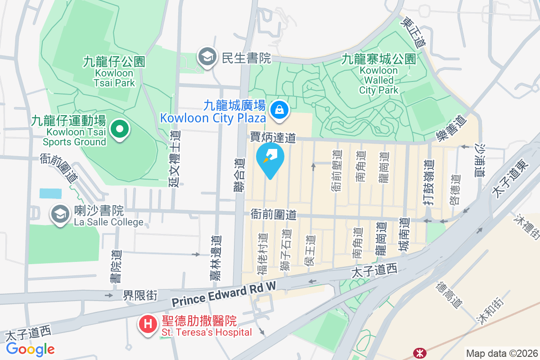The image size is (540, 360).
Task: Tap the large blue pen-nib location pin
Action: coord(270,158)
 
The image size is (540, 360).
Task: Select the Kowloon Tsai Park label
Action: coord(114,72)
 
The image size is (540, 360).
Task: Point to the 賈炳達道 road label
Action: coord(273,137)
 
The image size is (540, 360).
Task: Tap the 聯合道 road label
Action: coord(240,175)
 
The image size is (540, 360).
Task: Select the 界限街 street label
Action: coord(140,295)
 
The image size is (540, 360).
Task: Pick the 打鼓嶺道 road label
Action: coord(429,183)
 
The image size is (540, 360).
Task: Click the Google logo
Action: coord(31,349)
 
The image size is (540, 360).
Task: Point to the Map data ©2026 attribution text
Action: coord(501,354)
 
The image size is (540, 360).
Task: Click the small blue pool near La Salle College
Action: coord(50,193)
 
